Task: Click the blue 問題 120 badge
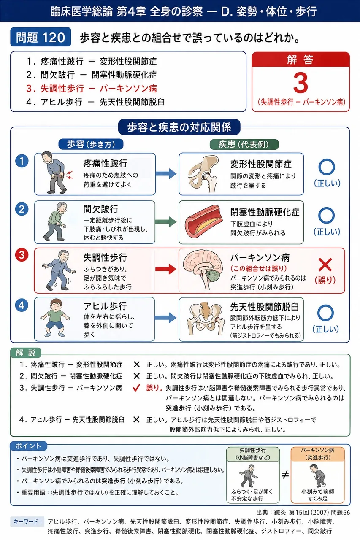pyautogui.click(x=41, y=37)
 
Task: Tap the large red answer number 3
pyautogui.click(x=300, y=83)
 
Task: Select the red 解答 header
pyautogui.click(x=300, y=59)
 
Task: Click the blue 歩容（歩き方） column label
pyautogui.click(x=91, y=144)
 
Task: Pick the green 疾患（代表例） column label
pyautogui.click(x=244, y=144)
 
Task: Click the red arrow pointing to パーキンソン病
pyautogui.click(x=166, y=269)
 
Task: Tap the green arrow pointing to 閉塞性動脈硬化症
pyautogui.click(x=166, y=222)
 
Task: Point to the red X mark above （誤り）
pyautogui.click(x=325, y=265)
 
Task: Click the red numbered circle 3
pyautogui.click(x=22, y=255)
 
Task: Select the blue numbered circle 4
pyautogui.click(x=22, y=305)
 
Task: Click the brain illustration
pyautogui.click(x=203, y=269)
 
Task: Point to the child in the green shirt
pyautogui.click(x=55, y=318)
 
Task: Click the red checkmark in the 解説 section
pyautogui.click(x=136, y=388)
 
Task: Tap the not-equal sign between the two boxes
pyautogui.click(x=285, y=475)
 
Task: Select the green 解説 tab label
pyautogui.click(x=26, y=353)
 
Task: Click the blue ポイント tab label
pyautogui.click(x=28, y=446)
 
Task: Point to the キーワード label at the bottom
pyautogui.click(x=27, y=522)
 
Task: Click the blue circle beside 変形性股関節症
pyautogui.click(x=327, y=167)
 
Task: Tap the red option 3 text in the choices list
pyautogui.click(x=92, y=89)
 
